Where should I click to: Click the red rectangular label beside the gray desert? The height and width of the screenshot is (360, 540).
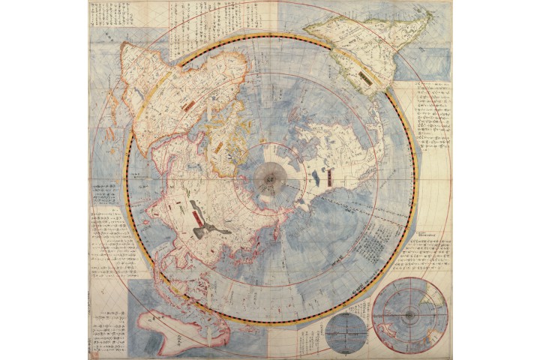click(x=199, y=217)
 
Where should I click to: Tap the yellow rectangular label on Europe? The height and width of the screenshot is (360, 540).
click(x=219, y=147)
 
